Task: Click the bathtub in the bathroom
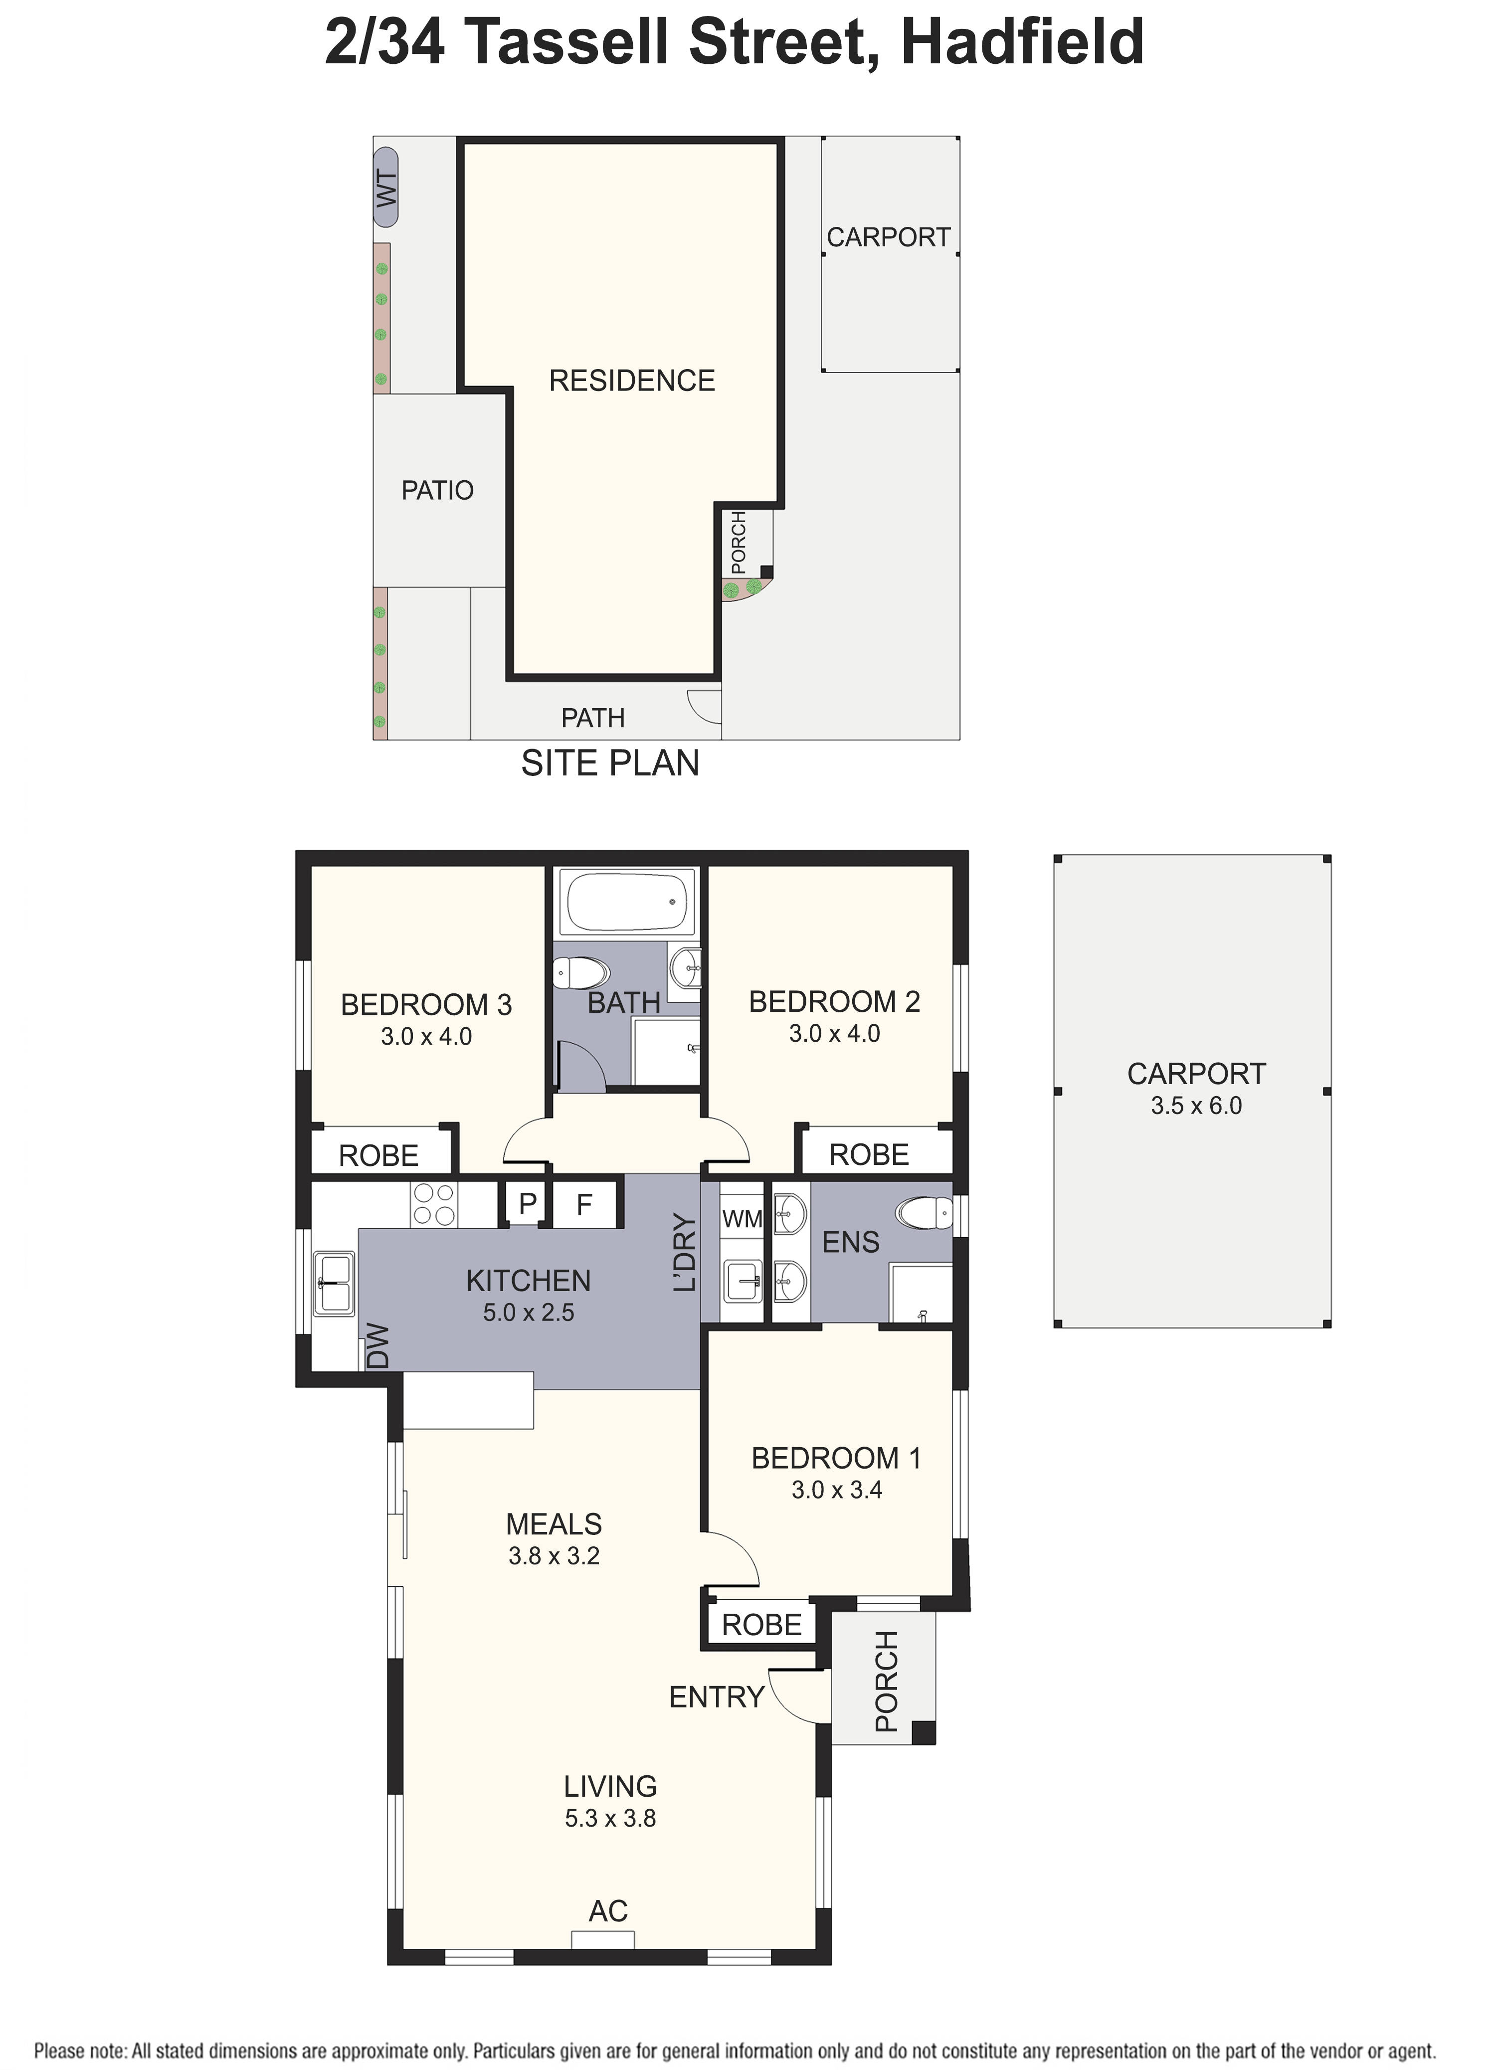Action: (x=626, y=902)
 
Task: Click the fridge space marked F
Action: (x=584, y=1205)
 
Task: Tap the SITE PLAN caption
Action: (x=610, y=763)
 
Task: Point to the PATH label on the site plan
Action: (x=592, y=718)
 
